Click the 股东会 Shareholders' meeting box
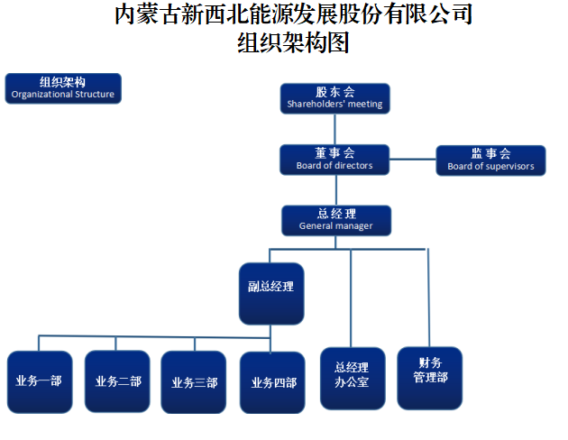tap(334, 97)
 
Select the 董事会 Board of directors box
tap(334, 160)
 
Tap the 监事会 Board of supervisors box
tap(490, 160)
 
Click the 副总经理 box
tap(271, 292)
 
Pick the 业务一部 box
tap(39, 381)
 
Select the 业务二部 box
tap(117, 381)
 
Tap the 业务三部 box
tap(194, 381)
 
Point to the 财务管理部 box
tap(430, 371)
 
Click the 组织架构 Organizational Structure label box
tap(62, 87)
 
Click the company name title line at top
tap(294, 14)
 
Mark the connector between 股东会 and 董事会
tap(335, 128)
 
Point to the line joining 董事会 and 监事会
tap(413, 160)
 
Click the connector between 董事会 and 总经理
tap(335, 189)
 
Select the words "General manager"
tap(335, 226)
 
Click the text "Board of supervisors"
tap(490, 167)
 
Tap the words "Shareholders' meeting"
tap(334, 105)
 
